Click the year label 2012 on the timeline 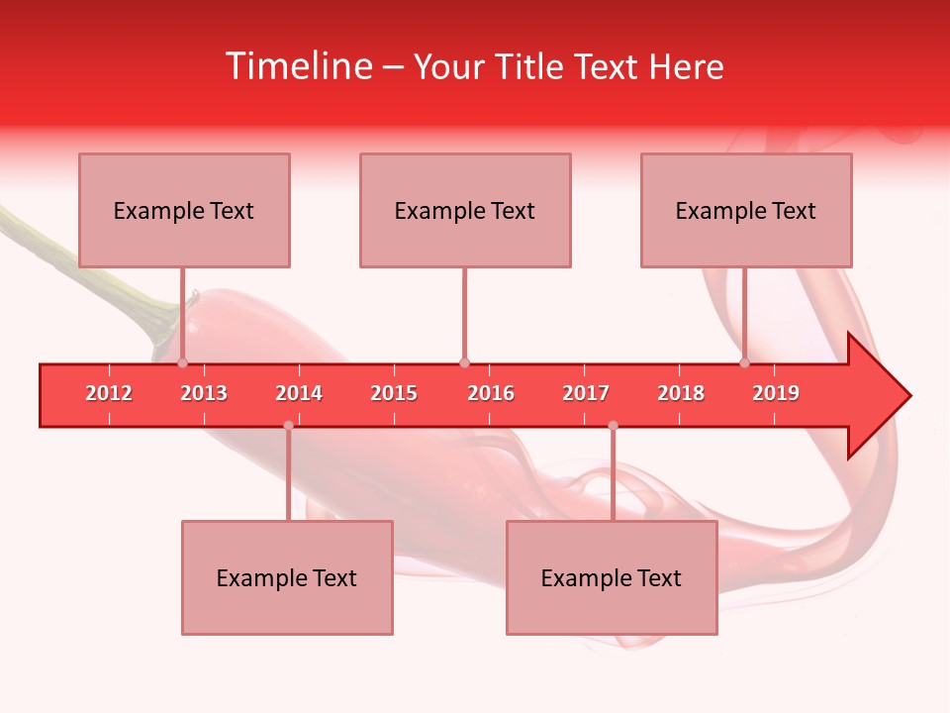pos(109,393)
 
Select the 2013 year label pos(204,393)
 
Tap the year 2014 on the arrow pos(299,393)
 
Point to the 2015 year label pos(394,393)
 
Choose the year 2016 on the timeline pos(491,393)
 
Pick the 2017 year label pos(586,393)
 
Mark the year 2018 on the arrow pos(681,393)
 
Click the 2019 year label pos(776,393)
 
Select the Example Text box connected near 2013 pos(184,210)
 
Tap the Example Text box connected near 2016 pos(465,210)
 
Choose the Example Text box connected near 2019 pos(746,210)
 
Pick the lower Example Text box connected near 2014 pos(287,577)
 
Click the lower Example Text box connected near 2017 pos(612,577)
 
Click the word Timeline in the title pos(297,66)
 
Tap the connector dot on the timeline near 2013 pos(182,363)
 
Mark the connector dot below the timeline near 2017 pos(613,426)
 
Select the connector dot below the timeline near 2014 pos(288,426)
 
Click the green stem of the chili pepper pos(59,248)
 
